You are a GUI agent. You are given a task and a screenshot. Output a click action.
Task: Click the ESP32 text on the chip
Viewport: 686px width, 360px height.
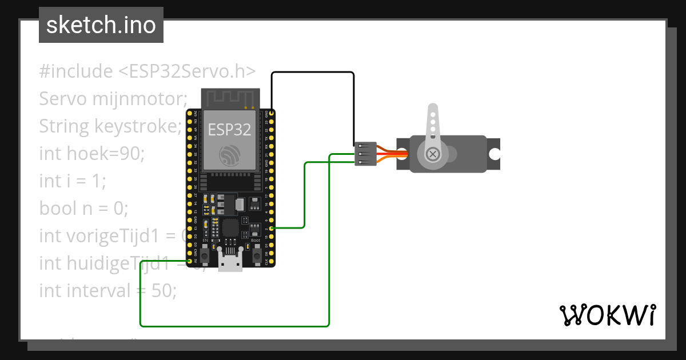point(229,129)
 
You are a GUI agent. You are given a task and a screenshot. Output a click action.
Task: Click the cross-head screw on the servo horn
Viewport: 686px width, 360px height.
point(433,154)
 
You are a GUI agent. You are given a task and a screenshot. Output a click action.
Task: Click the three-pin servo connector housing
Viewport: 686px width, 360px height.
point(365,154)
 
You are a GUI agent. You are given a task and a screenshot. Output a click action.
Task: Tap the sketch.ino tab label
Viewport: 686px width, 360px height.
point(101,25)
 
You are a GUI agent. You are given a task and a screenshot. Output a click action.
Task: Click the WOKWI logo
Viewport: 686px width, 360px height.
point(607,315)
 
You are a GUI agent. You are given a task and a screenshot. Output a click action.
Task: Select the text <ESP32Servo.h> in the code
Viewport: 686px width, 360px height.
point(187,71)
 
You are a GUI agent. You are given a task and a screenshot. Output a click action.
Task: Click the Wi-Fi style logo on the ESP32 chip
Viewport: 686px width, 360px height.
point(229,155)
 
